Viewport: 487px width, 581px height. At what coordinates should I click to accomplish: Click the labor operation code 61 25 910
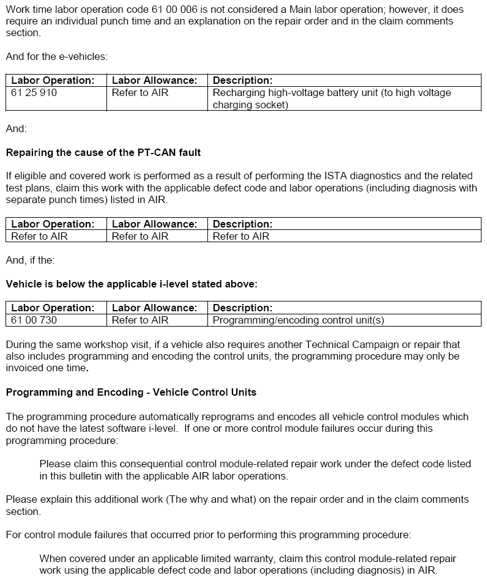tap(34, 93)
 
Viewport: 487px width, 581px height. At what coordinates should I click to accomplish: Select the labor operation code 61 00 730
tap(34, 320)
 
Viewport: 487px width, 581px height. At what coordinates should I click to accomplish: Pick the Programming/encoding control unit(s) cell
tap(298, 320)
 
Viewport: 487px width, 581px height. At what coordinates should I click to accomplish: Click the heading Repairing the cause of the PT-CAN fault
tap(103, 152)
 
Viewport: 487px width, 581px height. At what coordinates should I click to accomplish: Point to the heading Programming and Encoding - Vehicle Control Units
tap(131, 391)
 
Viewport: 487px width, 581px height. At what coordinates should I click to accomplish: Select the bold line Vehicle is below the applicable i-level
tap(132, 284)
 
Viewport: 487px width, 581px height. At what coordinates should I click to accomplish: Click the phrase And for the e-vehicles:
tap(56, 56)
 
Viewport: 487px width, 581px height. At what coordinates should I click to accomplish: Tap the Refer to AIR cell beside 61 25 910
tap(140, 93)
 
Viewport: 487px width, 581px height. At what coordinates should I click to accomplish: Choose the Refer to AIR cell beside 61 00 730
tap(140, 320)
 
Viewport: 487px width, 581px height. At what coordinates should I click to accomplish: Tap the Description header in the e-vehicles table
tap(242, 80)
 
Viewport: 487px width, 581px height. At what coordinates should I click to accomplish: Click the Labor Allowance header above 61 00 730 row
tap(155, 308)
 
